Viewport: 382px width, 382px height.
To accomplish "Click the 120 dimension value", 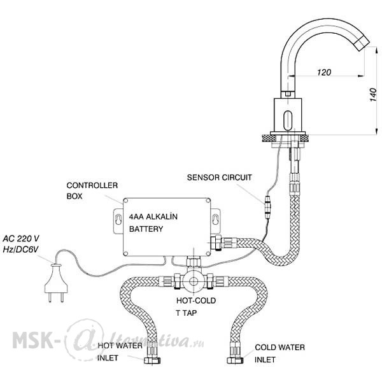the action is click(x=324, y=73).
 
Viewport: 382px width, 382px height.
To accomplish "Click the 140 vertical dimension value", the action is click(x=373, y=94).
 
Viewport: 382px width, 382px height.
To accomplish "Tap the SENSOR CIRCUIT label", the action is click(x=219, y=178).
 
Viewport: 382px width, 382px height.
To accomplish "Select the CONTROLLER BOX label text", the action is click(x=92, y=190).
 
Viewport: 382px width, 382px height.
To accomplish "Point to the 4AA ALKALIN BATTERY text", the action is click(x=153, y=223).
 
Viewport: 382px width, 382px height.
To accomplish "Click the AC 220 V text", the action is click(x=21, y=238).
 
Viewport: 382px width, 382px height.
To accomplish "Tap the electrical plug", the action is click(x=56, y=283).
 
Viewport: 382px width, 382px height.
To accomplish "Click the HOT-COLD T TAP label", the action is click(x=196, y=306).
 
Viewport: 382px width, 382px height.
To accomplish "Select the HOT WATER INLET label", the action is click(x=120, y=351).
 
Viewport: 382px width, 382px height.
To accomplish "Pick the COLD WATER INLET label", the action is click(x=279, y=353).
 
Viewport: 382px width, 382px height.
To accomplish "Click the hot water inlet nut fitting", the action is click(x=152, y=360).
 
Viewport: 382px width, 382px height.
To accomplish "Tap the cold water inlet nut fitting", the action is click(x=235, y=360).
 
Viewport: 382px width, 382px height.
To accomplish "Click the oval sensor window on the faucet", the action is click(x=288, y=120).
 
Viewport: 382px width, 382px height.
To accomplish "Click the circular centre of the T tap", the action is click(x=194, y=281).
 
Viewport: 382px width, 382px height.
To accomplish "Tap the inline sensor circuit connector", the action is click(x=267, y=207).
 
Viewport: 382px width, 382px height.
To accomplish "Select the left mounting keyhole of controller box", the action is click(x=118, y=219).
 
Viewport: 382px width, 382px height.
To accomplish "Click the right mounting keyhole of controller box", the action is click(x=215, y=219).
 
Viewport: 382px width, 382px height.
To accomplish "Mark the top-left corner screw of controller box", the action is click(x=125, y=201).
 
